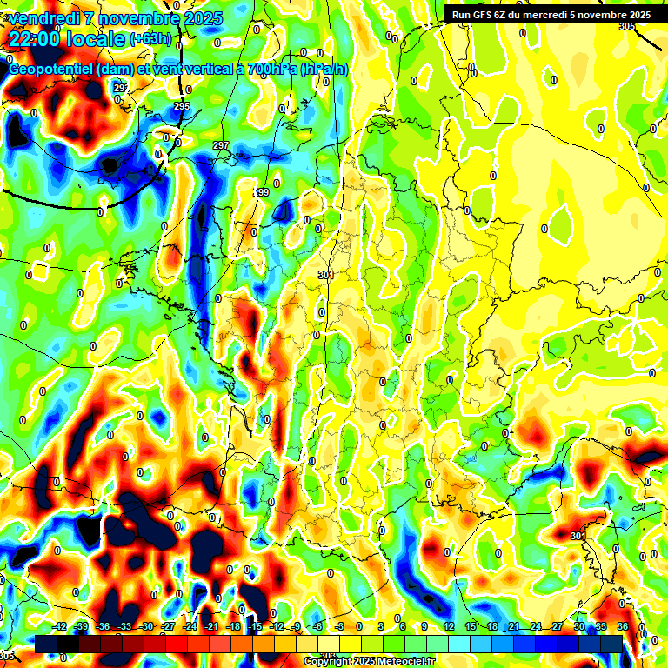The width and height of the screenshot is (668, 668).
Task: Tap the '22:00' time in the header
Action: point(34,38)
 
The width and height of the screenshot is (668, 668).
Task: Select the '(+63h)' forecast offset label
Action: point(150,39)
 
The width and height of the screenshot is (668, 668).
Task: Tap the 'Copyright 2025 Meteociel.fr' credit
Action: point(371,662)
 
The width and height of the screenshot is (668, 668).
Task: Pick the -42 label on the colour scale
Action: point(60,626)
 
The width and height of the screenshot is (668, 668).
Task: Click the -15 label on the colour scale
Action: point(255,626)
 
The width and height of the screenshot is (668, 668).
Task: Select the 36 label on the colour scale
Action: point(622,626)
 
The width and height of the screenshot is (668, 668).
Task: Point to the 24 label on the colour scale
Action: point(535,626)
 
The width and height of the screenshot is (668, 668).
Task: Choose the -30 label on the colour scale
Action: point(147,626)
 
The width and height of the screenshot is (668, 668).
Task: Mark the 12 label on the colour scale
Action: point(448,626)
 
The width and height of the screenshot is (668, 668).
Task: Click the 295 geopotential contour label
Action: point(181,106)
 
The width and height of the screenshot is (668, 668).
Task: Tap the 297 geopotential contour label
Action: point(221,145)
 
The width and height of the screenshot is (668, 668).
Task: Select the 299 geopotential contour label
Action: point(261,192)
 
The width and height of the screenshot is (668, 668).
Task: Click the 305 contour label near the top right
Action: point(627,27)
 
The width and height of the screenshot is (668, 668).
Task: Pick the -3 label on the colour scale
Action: point(341,626)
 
